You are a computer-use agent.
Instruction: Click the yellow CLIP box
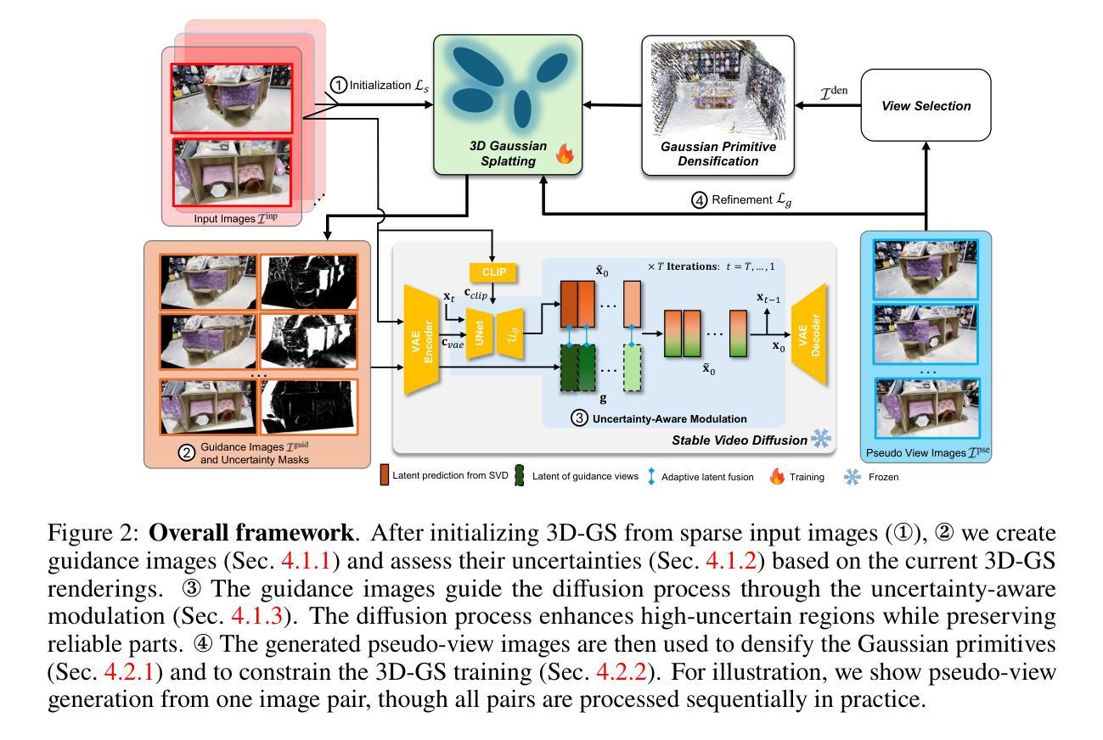(x=493, y=272)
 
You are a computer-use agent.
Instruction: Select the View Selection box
(x=926, y=105)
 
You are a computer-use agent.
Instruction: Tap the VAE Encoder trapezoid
(x=421, y=340)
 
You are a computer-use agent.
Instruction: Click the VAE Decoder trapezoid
(x=809, y=334)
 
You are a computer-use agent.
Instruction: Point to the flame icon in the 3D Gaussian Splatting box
(x=565, y=154)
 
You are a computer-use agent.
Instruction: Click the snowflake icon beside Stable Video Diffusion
(x=821, y=439)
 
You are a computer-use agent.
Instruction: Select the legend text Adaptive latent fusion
(x=707, y=477)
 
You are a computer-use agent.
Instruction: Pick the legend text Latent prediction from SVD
(x=450, y=475)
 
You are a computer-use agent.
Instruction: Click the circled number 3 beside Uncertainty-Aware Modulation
(x=579, y=418)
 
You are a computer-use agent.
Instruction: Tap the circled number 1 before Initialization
(x=338, y=85)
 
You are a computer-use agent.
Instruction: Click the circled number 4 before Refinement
(x=699, y=200)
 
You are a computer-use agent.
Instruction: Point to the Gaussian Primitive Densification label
(x=718, y=154)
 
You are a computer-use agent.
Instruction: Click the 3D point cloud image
(x=718, y=89)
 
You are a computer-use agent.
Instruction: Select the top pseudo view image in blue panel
(x=926, y=269)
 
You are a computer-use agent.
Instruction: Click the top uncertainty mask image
(x=309, y=282)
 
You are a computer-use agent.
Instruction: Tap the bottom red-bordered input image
(x=232, y=172)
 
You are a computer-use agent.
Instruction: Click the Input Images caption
(x=235, y=218)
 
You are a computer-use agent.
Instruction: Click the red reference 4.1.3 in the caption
(x=257, y=616)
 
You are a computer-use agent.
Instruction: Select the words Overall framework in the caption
(x=251, y=533)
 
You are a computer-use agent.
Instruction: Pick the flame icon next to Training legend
(x=777, y=476)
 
